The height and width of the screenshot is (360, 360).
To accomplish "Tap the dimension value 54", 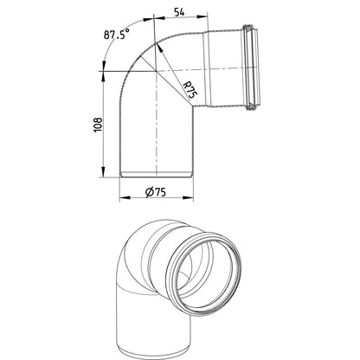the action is pyautogui.click(x=179, y=12).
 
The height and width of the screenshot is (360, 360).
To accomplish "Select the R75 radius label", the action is pyautogui.click(x=190, y=89).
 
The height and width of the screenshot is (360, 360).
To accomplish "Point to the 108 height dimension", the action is pyautogui.click(x=98, y=125).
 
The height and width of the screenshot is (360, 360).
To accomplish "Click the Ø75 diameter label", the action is pyautogui.click(x=156, y=192).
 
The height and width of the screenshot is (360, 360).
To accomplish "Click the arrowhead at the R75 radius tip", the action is pyautogui.click(x=159, y=48).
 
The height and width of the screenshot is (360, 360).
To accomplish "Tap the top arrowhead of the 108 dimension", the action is pyautogui.click(x=103, y=76).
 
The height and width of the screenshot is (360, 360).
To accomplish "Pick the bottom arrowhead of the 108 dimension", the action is pyautogui.click(x=103, y=172).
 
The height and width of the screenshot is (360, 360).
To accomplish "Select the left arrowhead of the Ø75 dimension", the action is pyautogui.click(x=125, y=198).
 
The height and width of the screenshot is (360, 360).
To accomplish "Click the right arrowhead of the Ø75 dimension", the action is pyautogui.click(x=188, y=198).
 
